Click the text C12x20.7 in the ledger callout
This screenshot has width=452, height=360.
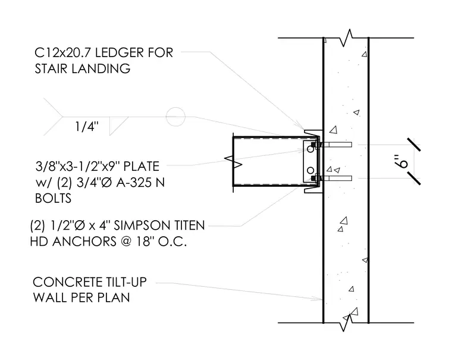point(63,52)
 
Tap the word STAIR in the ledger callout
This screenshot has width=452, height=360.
point(51,68)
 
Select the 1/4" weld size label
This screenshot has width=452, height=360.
point(87,126)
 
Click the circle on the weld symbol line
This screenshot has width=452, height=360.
point(175,117)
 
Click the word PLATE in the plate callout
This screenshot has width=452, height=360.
point(142,167)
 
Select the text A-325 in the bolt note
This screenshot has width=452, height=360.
point(133,182)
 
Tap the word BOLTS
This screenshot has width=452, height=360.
point(53,198)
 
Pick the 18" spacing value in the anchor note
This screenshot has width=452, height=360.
point(145,241)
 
